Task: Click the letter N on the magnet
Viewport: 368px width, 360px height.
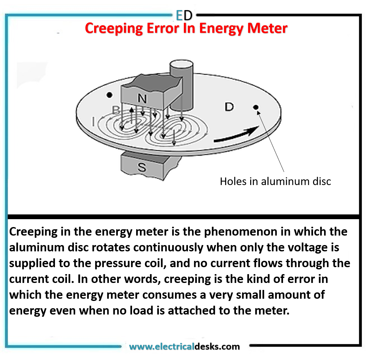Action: point(142,99)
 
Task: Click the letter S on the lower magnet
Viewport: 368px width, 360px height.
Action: point(142,167)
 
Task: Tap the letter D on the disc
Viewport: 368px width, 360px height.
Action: point(229,107)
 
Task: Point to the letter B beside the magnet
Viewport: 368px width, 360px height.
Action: point(116,110)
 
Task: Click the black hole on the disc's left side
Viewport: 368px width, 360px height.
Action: point(109,95)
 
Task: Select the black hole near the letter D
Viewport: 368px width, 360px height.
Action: point(256,107)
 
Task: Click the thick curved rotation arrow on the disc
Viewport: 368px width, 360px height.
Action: point(237,135)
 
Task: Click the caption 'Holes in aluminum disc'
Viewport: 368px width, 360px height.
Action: point(275,181)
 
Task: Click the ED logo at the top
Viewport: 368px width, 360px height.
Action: point(184,15)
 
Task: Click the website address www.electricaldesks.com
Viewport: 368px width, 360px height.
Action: point(184,346)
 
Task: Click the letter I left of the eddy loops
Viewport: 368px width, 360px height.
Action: point(93,121)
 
